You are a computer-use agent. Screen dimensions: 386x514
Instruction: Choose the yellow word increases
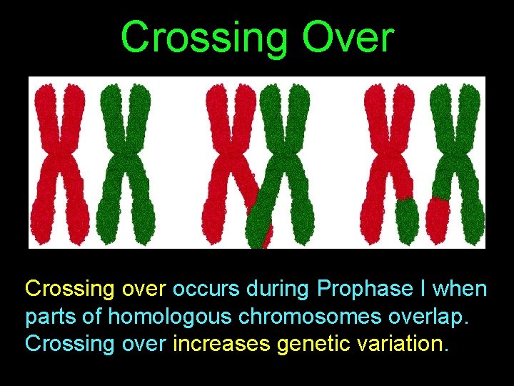(x=222, y=344)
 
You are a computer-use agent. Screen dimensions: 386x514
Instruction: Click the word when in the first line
(x=460, y=289)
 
